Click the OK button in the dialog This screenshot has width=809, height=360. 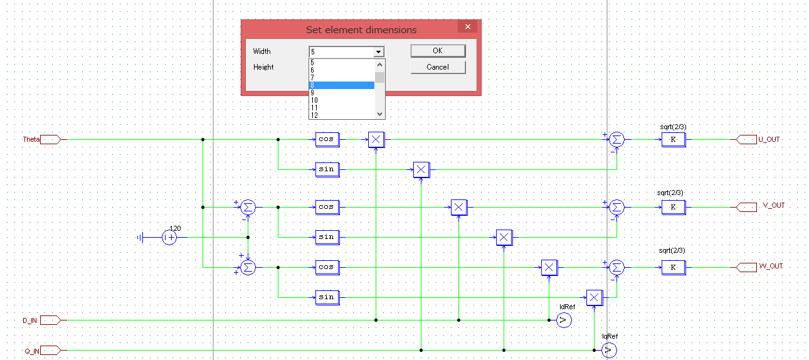pyautogui.click(x=438, y=51)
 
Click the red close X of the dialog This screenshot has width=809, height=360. pyautogui.click(x=467, y=26)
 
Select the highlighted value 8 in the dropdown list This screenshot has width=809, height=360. pyautogui.click(x=342, y=85)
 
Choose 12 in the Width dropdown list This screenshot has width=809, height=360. pyautogui.click(x=342, y=115)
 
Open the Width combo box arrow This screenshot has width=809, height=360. pyautogui.click(x=378, y=52)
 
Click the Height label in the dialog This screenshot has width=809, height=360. pyautogui.click(x=263, y=67)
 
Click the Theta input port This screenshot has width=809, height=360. pyautogui.click(x=50, y=139)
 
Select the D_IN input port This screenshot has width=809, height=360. pyautogui.click(x=50, y=320)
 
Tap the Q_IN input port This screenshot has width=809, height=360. pyautogui.click(x=50, y=351)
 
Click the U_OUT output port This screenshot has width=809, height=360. pyautogui.click(x=746, y=139)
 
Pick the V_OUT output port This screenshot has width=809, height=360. pyautogui.click(x=746, y=206)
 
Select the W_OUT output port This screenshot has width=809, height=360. pyautogui.click(x=746, y=267)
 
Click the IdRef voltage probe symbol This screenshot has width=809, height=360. pyautogui.click(x=563, y=320)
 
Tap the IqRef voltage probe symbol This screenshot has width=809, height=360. pyautogui.click(x=608, y=351)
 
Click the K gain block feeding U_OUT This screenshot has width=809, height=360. pyautogui.click(x=673, y=139)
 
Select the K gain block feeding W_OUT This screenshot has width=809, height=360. pyautogui.click(x=673, y=267)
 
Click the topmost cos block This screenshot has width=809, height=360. pyautogui.click(x=326, y=139)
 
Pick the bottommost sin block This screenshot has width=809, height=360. pyautogui.click(x=326, y=297)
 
